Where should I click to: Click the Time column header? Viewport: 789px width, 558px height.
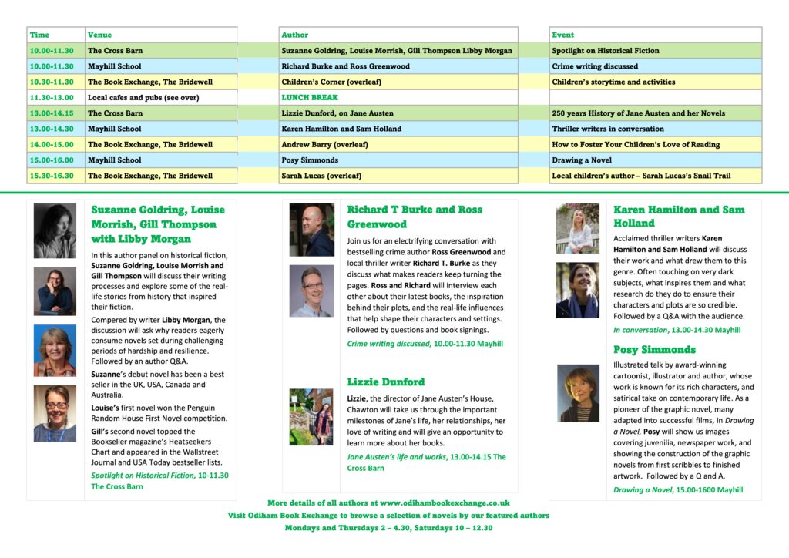[39, 35]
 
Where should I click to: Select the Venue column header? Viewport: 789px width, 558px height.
[100, 35]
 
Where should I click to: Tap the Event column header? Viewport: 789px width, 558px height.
[563, 35]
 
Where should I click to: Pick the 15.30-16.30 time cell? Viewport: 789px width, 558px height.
[52, 176]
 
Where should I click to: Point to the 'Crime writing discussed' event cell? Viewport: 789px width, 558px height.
[595, 66]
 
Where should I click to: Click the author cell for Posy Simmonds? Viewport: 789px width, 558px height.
[310, 160]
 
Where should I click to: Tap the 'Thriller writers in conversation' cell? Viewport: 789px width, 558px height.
[608, 129]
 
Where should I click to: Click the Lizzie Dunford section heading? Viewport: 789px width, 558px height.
[385, 382]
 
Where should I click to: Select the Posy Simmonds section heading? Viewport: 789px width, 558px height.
[654, 349]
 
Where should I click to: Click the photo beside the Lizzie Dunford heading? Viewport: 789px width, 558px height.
[311, 417]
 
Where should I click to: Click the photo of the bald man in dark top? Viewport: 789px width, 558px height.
[311, 230]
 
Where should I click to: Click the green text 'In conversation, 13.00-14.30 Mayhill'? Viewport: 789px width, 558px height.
[677, 330]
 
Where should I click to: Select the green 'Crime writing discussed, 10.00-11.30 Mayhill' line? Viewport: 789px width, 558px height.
[425, 344]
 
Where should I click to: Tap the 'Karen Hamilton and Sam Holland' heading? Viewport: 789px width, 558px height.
[679, 216]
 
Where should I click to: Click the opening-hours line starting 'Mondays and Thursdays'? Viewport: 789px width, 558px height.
[388, 528]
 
